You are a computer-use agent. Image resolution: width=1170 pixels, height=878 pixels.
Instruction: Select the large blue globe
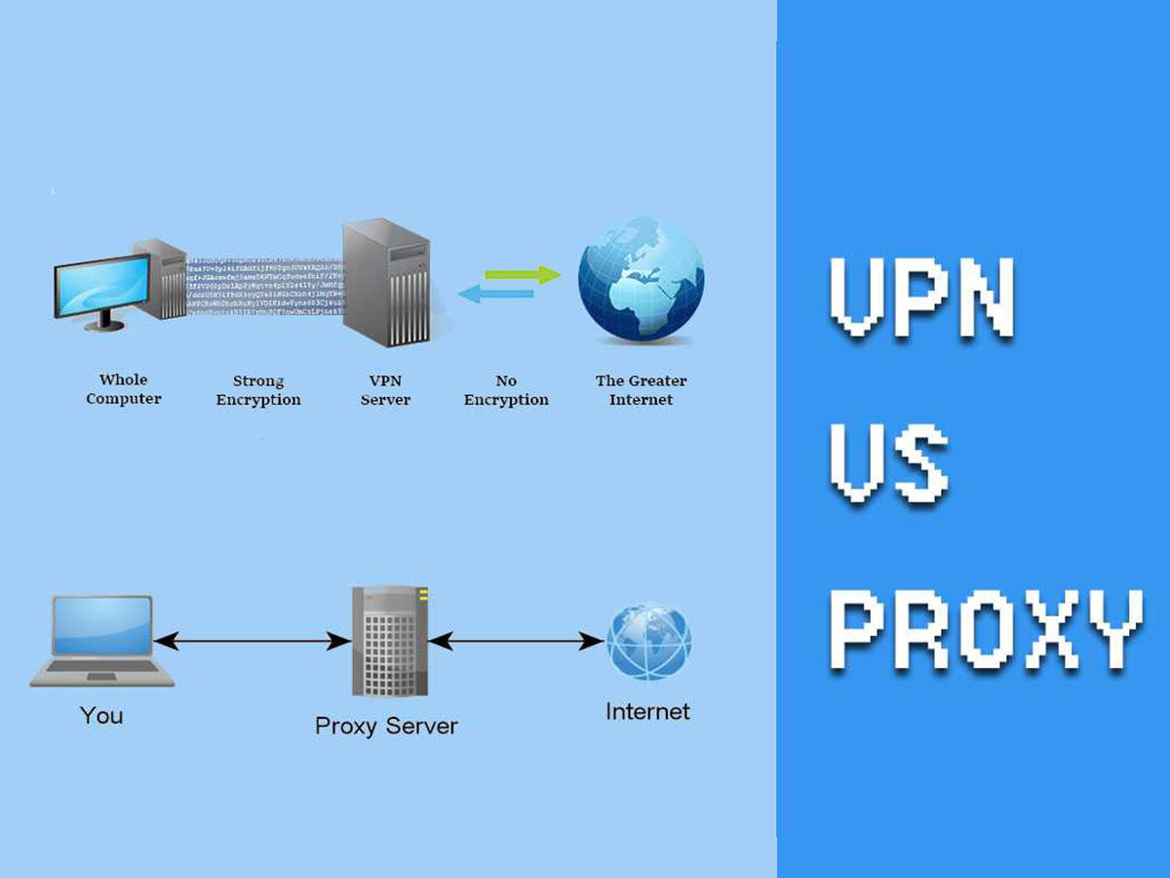(x=641, y=279)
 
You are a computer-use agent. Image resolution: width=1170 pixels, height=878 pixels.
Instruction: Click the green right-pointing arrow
(x=524, y=275)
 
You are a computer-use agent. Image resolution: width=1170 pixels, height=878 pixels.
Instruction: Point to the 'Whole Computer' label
(x=124, y=389)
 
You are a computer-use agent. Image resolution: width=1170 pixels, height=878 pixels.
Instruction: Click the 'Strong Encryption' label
(x=258, y=390)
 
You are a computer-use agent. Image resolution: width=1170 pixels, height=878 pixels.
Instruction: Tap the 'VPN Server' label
(x=385, y=390)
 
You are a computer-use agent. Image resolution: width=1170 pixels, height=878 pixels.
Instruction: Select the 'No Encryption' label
(x=506, y=390)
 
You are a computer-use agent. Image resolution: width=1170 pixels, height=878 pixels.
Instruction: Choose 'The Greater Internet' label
(x=641, y=390)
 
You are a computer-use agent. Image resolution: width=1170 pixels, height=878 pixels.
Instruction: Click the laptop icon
(x=101, y=641)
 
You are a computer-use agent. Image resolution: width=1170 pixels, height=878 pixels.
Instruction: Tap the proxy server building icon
(x=389, y=641)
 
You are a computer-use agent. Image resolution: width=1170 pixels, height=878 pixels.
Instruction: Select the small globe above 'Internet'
(x=648, y=641)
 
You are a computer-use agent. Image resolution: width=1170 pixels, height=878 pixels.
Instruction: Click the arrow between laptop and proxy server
(x=253, y=641)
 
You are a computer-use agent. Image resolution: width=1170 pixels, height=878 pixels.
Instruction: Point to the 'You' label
(x=101, y=716)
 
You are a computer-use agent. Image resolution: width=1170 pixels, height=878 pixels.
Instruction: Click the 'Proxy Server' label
(x=386, y=726)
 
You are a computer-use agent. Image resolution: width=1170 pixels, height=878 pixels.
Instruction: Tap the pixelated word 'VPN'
(x=921, y=298)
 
